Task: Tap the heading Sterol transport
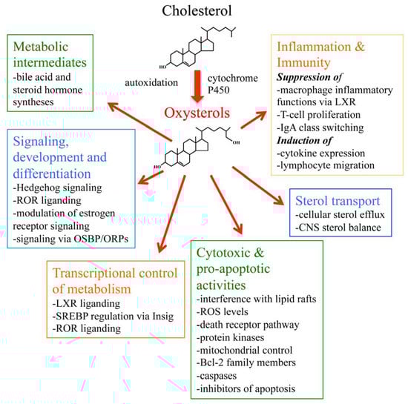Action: [338, 202]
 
